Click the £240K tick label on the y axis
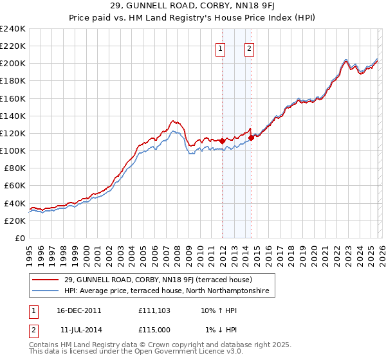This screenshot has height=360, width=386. click(x=13, y=29)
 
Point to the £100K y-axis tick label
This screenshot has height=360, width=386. click(x=13, y=150)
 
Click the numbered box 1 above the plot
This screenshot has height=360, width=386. click(x=221, y=48)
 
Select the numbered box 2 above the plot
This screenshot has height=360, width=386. click(x=249, y=48)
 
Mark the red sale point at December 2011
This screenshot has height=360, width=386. click(x=222, y=141)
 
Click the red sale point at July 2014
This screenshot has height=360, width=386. click(x=251, y=138)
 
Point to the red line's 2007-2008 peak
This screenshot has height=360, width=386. click(x=172, y=120)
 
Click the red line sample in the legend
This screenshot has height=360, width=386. click(x=46, y=280)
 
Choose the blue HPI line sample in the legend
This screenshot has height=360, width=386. click(x=46, y=291)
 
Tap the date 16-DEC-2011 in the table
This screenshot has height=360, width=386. click(x=77, y=310)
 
